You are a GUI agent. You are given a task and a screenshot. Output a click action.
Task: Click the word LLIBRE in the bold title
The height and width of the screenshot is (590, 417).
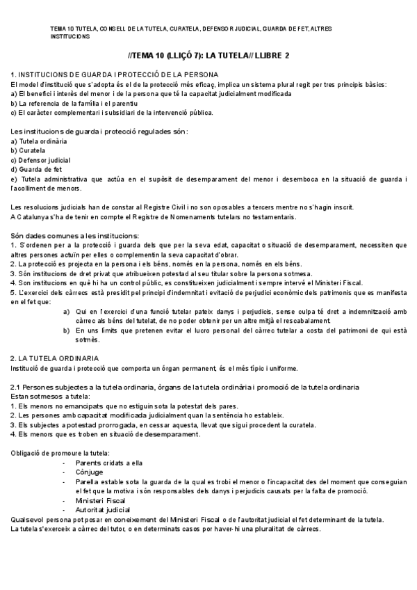(x=263, y=55)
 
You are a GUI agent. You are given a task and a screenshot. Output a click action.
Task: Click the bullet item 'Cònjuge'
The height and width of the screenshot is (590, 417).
(x=90, y=472)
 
